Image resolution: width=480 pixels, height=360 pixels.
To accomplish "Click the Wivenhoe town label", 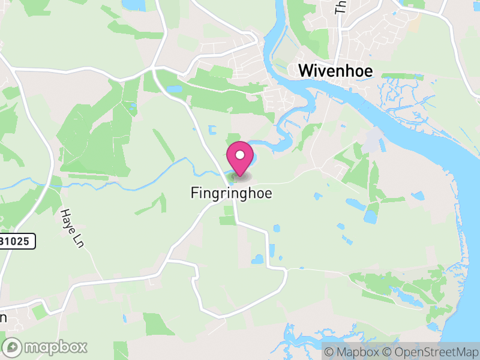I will point(335,71).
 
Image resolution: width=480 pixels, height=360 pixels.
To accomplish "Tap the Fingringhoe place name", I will point(231,193).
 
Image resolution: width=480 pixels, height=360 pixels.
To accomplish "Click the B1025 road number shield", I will point(17,241).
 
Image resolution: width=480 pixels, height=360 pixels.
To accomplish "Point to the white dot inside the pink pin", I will point(240,155).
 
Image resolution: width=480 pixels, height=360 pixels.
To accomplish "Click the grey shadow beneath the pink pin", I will point(240,177).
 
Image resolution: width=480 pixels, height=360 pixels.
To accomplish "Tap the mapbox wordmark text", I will point(56,347).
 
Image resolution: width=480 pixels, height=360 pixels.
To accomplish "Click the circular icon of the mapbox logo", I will point(13,347).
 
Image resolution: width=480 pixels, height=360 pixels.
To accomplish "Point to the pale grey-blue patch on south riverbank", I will point(371,141).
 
